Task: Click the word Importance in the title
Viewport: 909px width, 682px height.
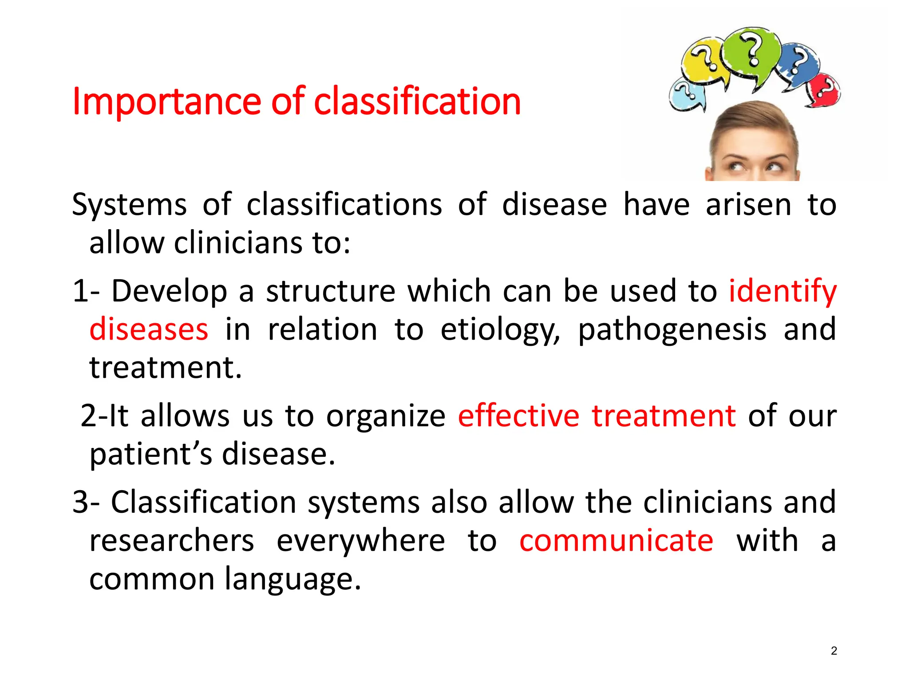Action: click(166, 102)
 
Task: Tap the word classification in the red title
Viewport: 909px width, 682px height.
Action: click(417, 101)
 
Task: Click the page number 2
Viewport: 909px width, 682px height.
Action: click(834, 651)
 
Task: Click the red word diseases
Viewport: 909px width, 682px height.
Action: click(149, 329)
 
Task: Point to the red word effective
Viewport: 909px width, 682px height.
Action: click(518, 416)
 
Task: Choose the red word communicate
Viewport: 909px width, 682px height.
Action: click(616, 541)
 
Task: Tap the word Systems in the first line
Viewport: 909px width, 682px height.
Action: click(129, 205)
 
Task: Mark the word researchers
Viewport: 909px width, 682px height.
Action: click(172, 541)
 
